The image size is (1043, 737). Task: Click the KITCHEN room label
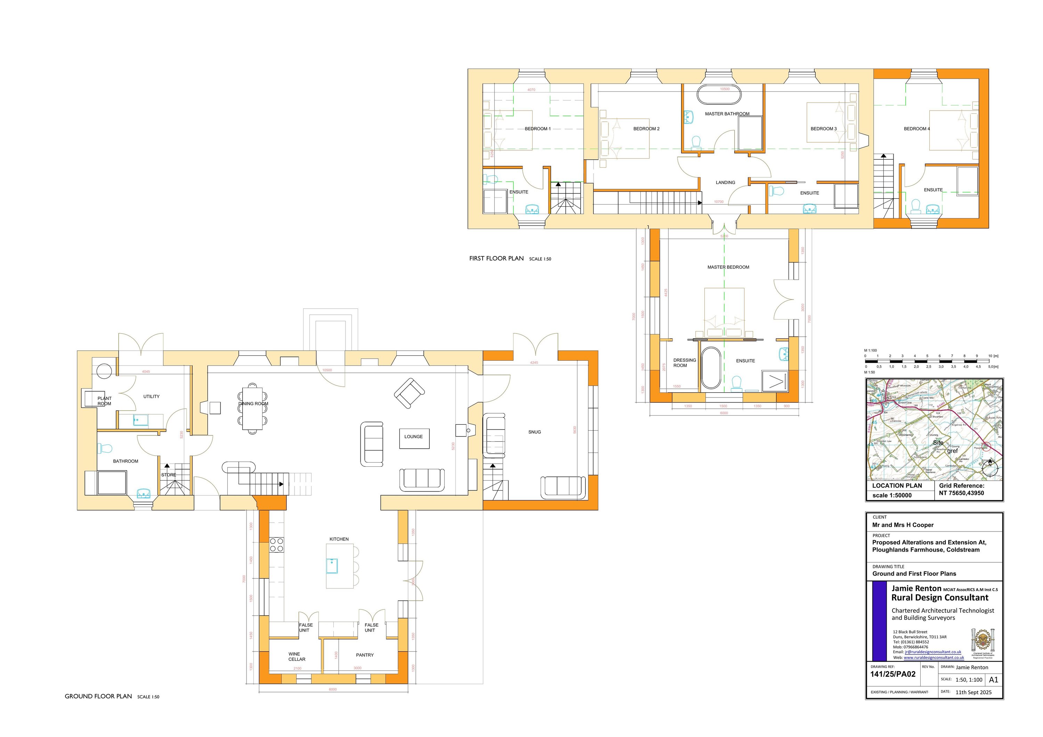pyautogui.click(x=339, y=539)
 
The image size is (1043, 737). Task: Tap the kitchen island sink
pyautogui.click(x=332, y=566)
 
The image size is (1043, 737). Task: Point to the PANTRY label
pyautogui.click(x=365, y=655)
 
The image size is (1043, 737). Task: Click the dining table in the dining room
pyautogui.click(x=252, y=408)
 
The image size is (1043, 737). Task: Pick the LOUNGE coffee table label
pyautogui.click(x=414, y=436)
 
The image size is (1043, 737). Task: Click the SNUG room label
pyautogui.click(x=534, y=432)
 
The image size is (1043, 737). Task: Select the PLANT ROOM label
pyautogui.click(x=105, y=401)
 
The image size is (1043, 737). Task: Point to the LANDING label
pyautogui.click(x=725, y=183)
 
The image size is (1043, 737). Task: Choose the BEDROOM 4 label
pyautogui.click(x=916, y=129)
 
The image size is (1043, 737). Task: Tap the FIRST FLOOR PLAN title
pyautogui.click(x=496, y=258)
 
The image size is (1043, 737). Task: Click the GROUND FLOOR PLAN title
pyautogui.click(x=98, y=696)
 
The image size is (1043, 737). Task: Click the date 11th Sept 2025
pyautogui.click(x=973, y=692)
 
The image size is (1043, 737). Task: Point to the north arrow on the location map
pyautogui.click(x=989, y=468)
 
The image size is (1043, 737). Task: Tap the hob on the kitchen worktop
pyautogui.click(x=277, y=544)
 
